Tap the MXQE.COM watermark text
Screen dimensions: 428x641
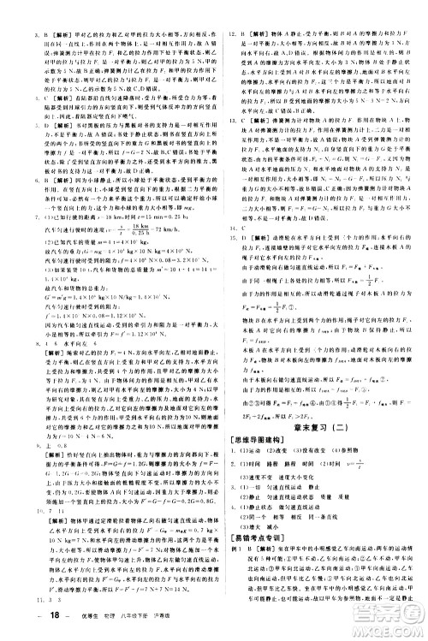pyautogui.click(x=393, y=630)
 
